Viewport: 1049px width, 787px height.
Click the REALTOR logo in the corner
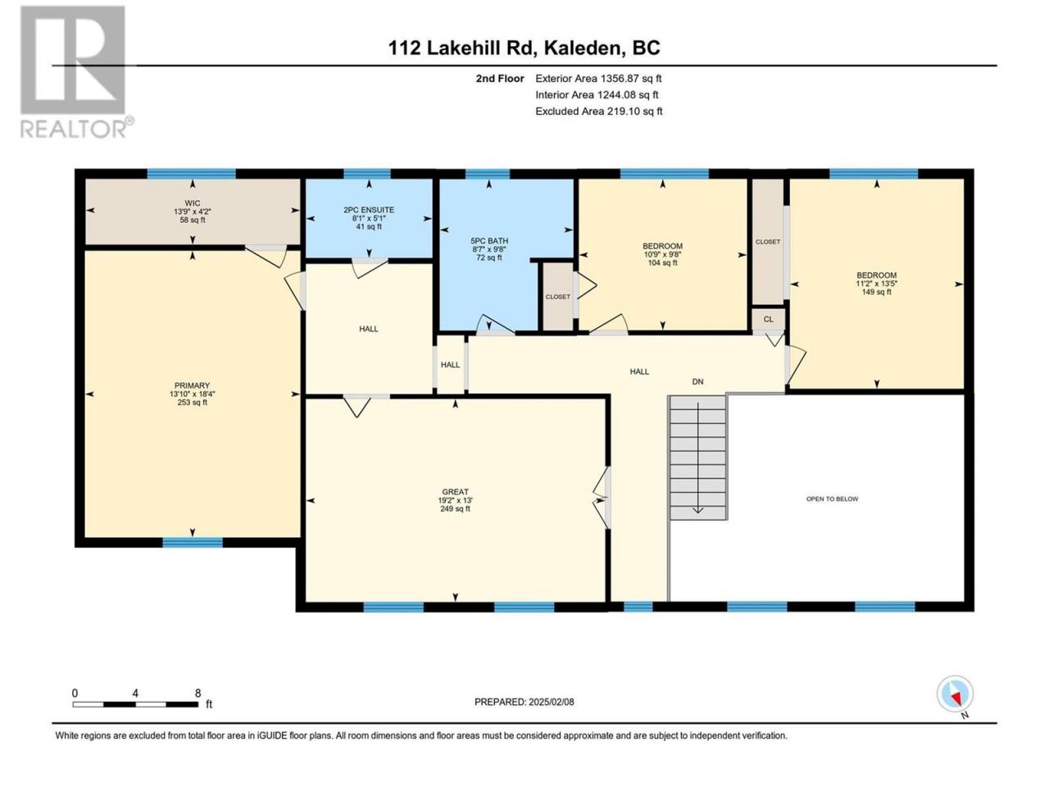point(76,71)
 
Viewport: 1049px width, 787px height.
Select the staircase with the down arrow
point(697,457)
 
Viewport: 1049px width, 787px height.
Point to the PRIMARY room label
point(192,385)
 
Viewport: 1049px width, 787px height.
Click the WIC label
point(193,203)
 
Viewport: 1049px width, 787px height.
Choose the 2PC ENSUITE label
point(369,210)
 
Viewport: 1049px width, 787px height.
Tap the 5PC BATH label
point(489,241)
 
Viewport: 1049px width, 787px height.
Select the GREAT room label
point(455,492)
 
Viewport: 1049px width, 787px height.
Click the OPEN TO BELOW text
point(832,499)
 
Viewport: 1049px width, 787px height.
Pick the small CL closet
point(769,319)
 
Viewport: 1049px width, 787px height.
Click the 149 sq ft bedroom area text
point(876,292)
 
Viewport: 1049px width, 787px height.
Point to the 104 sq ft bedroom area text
point(662,263)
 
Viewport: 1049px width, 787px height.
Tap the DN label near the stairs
point(697,382)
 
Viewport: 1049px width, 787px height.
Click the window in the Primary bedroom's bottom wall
point(193,543)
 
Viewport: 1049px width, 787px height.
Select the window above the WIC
point(191,174)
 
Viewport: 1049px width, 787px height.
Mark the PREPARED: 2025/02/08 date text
point(524,702)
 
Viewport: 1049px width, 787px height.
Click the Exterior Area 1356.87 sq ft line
point(598,79)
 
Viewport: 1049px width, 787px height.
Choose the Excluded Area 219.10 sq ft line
point(599,111)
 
